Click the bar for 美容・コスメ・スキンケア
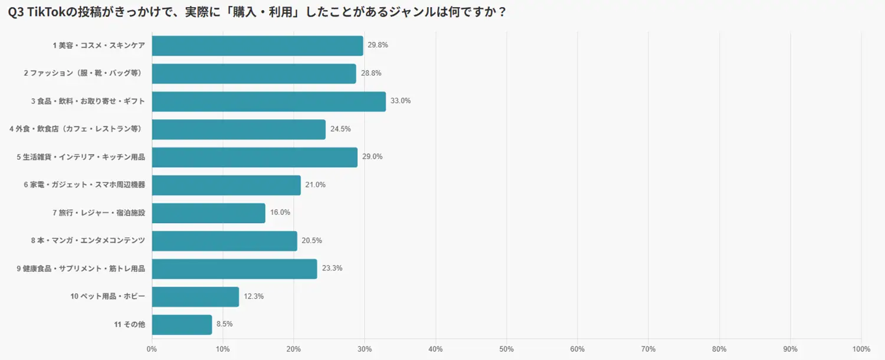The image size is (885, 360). pyautogui.click(x=257, y=46)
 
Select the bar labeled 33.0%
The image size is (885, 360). pyautogui.click(x=268, y=102)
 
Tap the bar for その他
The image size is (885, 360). pyautogui.click(x=182, y=325)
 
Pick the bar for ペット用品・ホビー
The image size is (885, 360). pyautogui.click(x=195, y=297)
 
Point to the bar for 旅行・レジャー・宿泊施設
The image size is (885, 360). pyautogui.click(x=208, y=213)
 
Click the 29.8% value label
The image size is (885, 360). pyautogui.click(x=378, y=45)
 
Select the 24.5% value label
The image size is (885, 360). pyautogui.click(x=340, y=129)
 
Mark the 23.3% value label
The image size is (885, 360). pyautogui.click(x=332, y=269)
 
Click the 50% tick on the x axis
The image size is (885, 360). pyautogui.click(x=506, y=349)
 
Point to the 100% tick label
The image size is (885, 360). pyautogui.click(x=861, y=349)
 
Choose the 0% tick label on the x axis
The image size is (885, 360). pyautogui.click(x=152, y=349)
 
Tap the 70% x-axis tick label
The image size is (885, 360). pyautogui.click(x=648, y=349)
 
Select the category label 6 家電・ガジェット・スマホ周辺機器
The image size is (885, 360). pyautogui.click(x=84, y=185)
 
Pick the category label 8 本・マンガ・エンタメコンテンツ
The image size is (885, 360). pyautogui.click(x=88, y=241)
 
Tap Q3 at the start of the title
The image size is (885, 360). pyautogui.click(x=15, y=12)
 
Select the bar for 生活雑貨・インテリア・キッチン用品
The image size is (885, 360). pyautogui.click(x=254, y=158)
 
